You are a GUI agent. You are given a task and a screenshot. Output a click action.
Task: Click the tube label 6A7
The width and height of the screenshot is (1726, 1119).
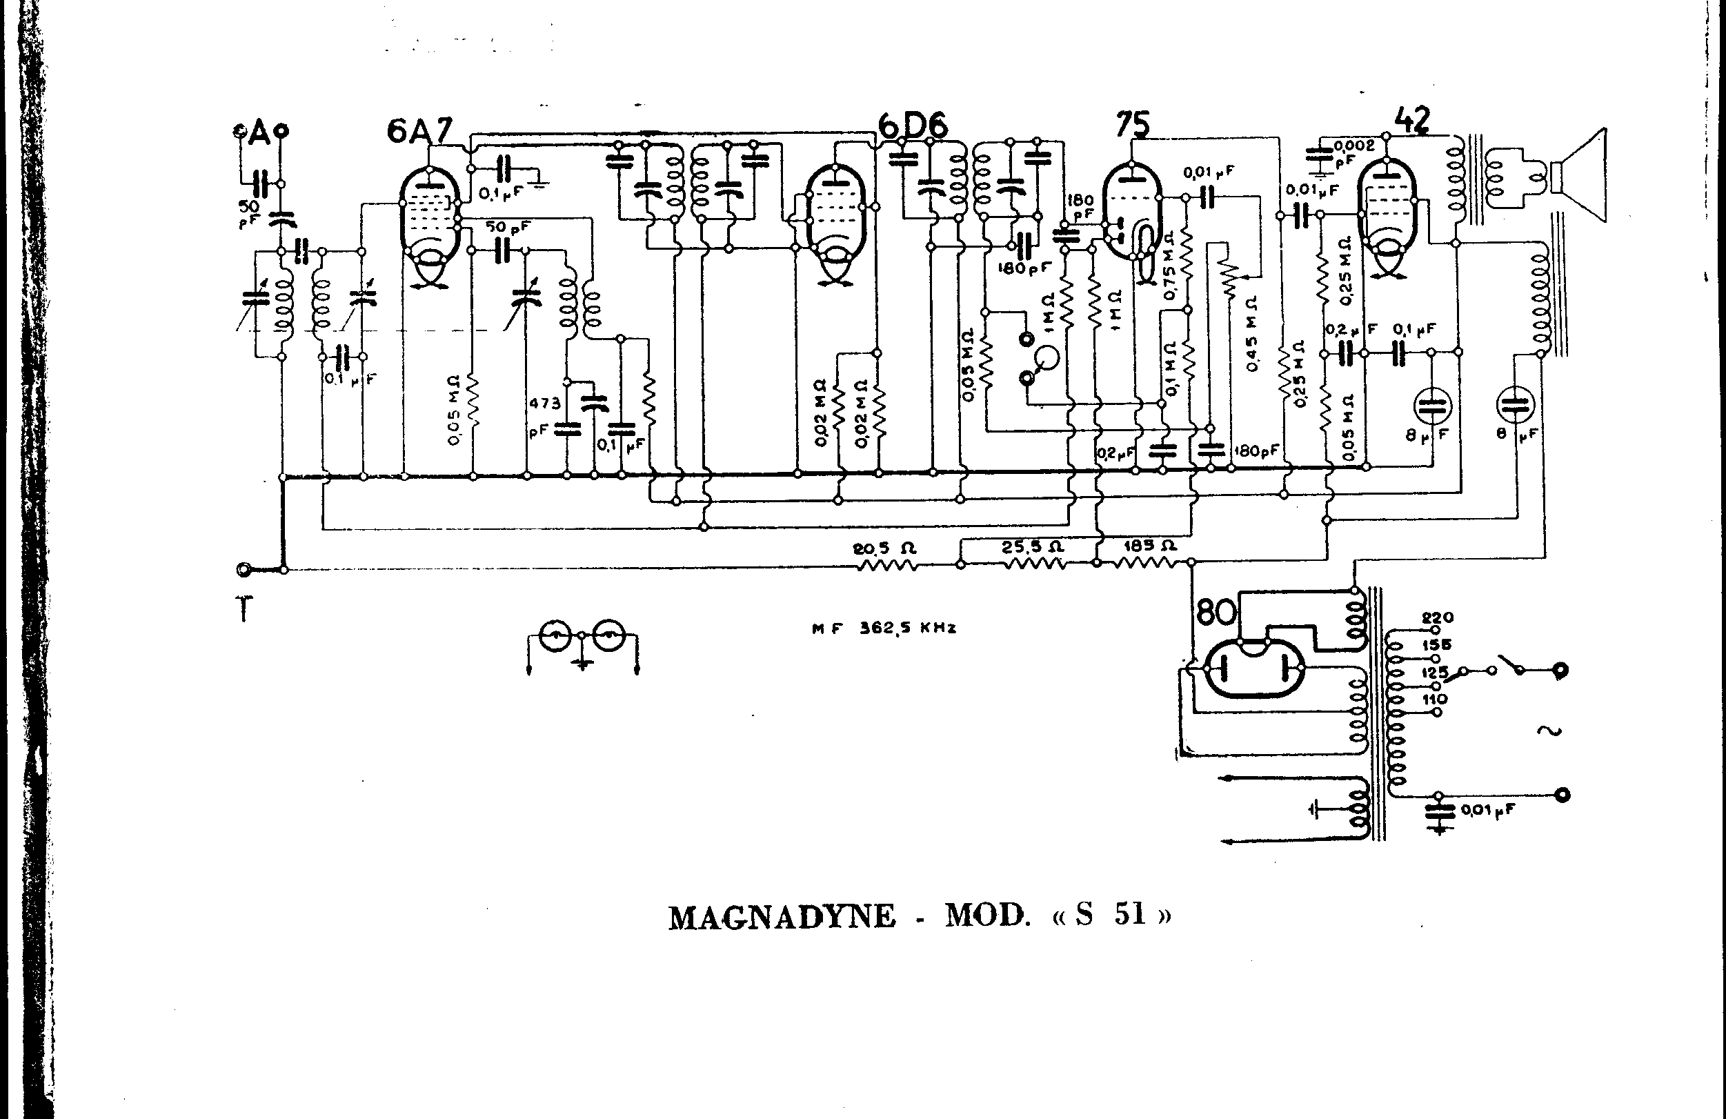pos(419,131)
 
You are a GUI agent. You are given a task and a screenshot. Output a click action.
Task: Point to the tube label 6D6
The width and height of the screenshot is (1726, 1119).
pos(913,127)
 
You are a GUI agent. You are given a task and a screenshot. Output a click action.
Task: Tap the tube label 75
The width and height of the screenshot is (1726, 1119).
pos(1132,124)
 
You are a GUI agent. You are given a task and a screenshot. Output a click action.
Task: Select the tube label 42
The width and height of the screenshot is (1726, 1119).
pos(1411,120)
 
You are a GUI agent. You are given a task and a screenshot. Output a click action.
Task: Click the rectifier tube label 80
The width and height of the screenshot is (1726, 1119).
pos(1216,613)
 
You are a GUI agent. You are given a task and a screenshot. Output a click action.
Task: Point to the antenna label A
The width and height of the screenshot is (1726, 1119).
pos(259,132)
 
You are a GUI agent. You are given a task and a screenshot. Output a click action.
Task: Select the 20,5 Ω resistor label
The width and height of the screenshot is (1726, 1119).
pos(884,549)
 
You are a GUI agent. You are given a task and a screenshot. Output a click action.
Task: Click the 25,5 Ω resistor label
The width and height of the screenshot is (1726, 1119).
pos(1033,546)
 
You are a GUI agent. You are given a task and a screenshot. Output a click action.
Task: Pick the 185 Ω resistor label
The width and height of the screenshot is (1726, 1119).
pos(1150,546)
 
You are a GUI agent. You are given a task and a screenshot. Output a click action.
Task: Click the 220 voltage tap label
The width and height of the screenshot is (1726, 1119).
pos(1438,618)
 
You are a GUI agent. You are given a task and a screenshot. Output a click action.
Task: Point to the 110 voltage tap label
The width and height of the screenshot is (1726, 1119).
pos(1435,699)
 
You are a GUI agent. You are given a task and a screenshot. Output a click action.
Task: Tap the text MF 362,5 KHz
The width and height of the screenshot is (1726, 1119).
pos(883,628)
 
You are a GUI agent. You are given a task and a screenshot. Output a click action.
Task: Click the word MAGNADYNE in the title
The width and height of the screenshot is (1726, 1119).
pos(782,918)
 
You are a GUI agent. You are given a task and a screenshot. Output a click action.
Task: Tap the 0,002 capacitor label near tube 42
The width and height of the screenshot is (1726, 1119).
pos(1354,146)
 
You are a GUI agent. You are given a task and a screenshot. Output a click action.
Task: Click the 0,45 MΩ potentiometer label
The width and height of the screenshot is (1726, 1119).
pos(1253,334)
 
